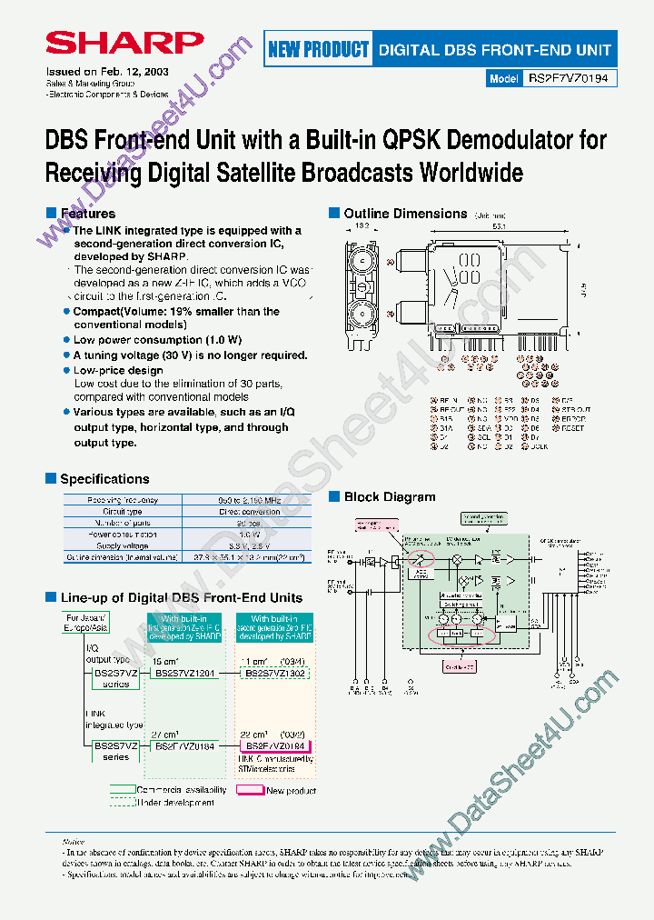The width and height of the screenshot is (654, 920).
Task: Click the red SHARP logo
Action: click(x=124, y=43)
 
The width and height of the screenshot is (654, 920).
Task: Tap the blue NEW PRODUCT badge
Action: click(x=318, y=50)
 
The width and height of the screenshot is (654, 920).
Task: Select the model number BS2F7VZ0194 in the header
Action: click(x=571, y=79)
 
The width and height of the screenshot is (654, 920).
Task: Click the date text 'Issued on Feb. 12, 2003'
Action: click(x=106, y=71)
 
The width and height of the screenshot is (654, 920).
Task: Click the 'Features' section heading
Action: click(x=87, y=214)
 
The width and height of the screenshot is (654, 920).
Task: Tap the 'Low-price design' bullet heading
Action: click(x=118, y=370)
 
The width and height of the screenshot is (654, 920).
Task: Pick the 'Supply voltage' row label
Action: click(x=123, y=545)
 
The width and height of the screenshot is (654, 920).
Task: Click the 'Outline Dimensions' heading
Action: click(x=405, y=214)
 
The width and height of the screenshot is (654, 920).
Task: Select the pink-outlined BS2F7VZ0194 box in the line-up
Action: click(x=274, y=745)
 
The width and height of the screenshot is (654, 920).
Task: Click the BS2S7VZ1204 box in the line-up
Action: click(x=184, y=674)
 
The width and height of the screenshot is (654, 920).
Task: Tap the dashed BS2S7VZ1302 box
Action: click(x=274, y=674)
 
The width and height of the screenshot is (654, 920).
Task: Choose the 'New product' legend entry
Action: click(x=290, y=791)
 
